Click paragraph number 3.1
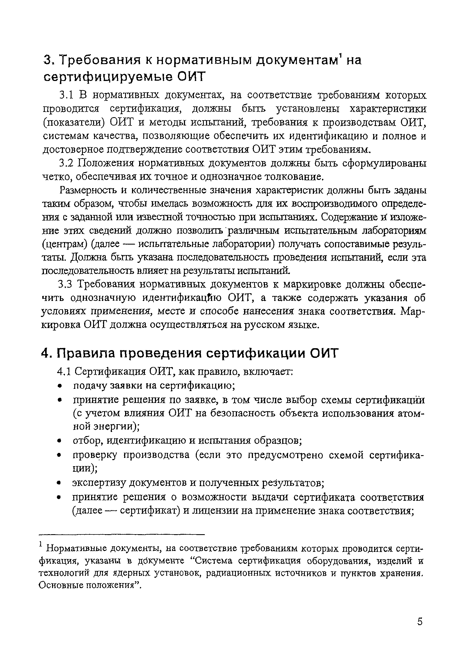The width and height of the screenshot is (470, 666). (x=67, y=95)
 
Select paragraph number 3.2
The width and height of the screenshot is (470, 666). (x=67, y=163)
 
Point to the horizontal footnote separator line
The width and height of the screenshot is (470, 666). (x=122, y=534)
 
